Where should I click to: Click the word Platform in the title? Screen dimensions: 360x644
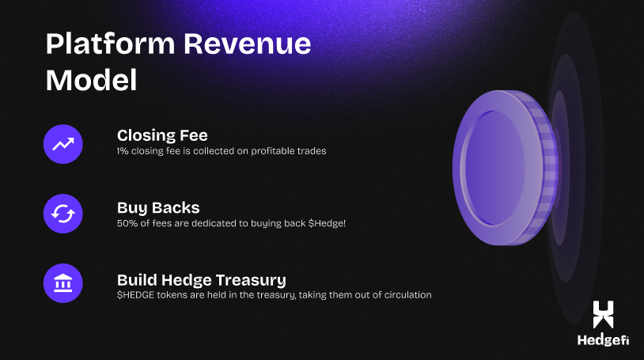(108, 45)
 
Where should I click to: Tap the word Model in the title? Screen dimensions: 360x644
(91, 80)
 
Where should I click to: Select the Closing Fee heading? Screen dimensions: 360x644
(162, 135)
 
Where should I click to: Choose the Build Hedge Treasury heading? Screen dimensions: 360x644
(202, 280)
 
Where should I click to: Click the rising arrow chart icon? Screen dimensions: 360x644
(63, 143)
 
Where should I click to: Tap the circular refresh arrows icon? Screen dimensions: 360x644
(63, 214)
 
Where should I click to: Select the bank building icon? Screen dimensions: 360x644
(63, 283)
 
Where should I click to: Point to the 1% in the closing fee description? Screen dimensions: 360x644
(123, 150)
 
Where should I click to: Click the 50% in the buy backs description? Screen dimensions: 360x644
(126, 222)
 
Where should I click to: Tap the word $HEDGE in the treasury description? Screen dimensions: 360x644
(135, 295)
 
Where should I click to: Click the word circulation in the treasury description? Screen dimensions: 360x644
(407, 295)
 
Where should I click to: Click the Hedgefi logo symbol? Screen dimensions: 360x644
(604, 314)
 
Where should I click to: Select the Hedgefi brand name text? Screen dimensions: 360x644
(603, 341)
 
